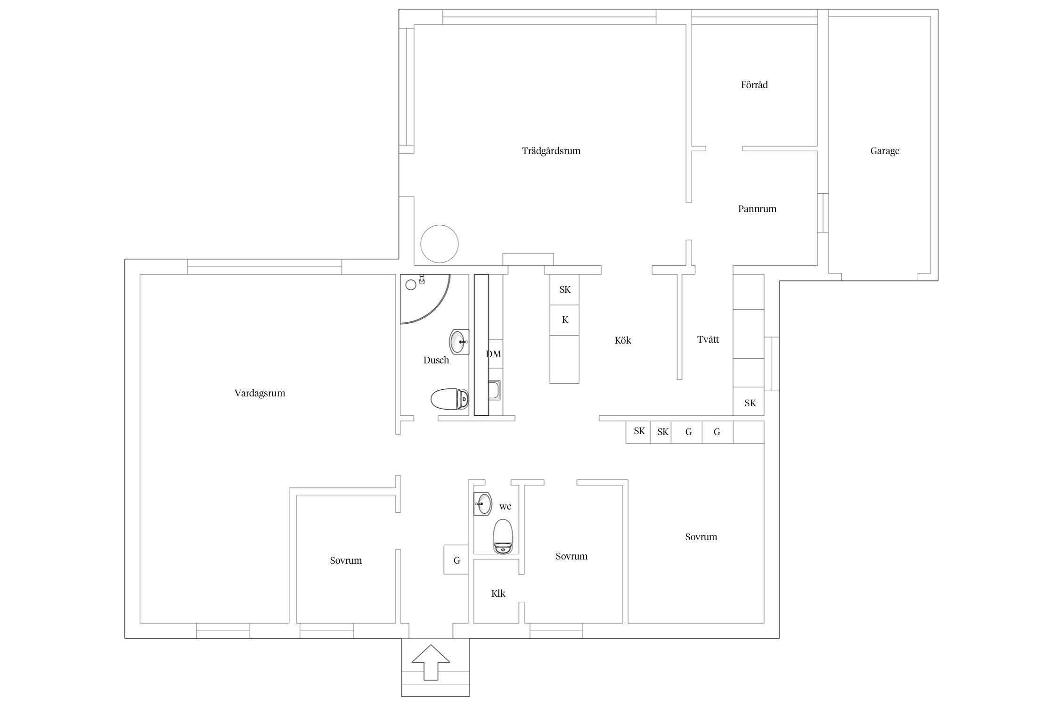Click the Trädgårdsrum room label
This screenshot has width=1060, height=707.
click(551, 151)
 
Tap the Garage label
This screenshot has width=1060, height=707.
click(884, 151)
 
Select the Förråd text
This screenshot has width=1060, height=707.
click(754, 85)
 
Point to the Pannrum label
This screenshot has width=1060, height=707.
click(757, 209)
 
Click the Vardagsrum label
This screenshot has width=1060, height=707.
click(260, 393)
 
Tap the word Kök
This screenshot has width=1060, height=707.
click(623, 340)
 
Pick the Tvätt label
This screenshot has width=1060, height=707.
click(708, 339)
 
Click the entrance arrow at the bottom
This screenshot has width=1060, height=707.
click(431, 662)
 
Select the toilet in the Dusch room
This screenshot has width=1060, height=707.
click(450, 399)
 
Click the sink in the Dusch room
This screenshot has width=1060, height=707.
click(459, 342)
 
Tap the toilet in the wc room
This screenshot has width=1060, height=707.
click(503, 536)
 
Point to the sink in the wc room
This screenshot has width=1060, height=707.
click(483, 504)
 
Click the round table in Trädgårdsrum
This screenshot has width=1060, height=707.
click(440, 244)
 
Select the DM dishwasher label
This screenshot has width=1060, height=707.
click(493, 354)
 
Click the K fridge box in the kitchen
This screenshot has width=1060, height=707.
click(564, 320)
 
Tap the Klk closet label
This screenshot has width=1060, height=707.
click(498, 593)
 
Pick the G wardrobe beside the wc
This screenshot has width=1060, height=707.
click(456, 559)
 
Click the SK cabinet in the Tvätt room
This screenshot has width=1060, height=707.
click(749, 402)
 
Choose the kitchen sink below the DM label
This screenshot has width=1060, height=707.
click(494, 390)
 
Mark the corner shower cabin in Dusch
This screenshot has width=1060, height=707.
click(424, 299)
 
